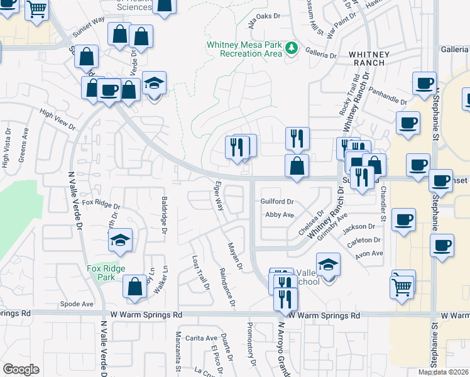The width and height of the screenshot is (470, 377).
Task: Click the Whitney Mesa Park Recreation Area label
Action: tap(246, 49)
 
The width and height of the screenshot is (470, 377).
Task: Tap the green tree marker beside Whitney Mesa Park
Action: tap(292, 48)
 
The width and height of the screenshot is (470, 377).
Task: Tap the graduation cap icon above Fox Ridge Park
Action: tap(119, 241)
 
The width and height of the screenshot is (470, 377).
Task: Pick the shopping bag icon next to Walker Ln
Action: tap(135, 287)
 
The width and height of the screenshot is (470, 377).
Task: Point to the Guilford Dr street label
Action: tap(277, 202)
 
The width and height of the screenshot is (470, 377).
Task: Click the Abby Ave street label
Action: tap(280, 215)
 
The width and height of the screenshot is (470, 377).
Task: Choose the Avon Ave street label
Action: tap(369, 254)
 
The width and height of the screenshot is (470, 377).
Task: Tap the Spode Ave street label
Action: tap(77, 304)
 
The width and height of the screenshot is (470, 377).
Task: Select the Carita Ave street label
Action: tap(202, 338)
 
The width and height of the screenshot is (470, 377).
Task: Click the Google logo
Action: tap(21, 369)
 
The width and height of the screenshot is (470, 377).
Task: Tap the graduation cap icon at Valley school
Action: tap(328, 265)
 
